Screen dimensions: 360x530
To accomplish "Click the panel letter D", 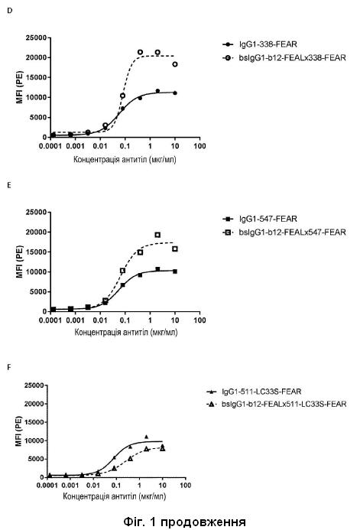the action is click(x=9, y=11).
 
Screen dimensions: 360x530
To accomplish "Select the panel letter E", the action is click(x=9, y=185).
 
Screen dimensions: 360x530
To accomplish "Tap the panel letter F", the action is click(x=9, y=367).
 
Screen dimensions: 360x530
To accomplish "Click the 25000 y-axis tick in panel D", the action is click(x=36, y=38).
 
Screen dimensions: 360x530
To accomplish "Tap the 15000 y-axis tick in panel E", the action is click(x=36, y=252).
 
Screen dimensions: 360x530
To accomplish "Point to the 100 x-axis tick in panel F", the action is click(x=185, y=486).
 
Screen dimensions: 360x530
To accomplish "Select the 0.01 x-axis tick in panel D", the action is click(x=100, y=146).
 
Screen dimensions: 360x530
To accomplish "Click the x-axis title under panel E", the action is click(x=125, y=333).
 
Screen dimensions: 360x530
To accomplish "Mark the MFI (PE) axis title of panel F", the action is click(x=19, y=431).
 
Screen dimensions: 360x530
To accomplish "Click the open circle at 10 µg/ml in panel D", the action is click(x=175, y=64).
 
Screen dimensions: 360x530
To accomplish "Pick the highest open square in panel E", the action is click(x=157, y=235).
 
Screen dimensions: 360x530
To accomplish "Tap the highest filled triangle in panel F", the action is click(x=146, y=437).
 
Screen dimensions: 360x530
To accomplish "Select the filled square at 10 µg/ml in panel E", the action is click(x=175, y=272).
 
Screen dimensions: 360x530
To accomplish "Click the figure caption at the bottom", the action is click(x=184, y=522).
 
